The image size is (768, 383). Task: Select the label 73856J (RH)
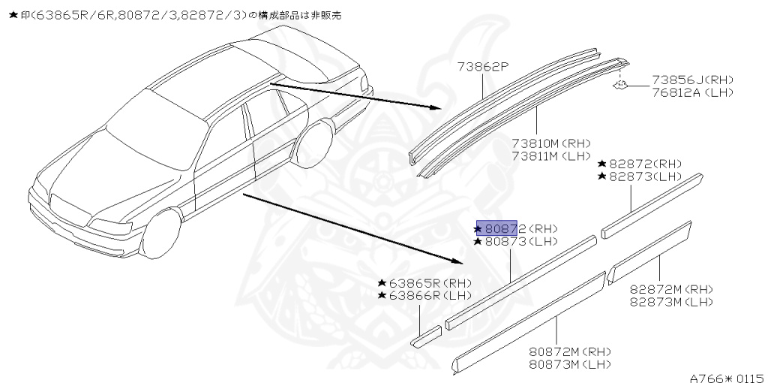[692, 80]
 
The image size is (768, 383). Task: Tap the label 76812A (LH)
[692, 92]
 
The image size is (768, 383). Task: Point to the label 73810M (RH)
[551, 143]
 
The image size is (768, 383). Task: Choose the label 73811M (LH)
[551, 155]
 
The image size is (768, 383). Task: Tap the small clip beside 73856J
[620, 85]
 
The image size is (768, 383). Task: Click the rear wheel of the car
[313, 146]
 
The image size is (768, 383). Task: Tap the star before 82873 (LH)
[602, 176]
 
